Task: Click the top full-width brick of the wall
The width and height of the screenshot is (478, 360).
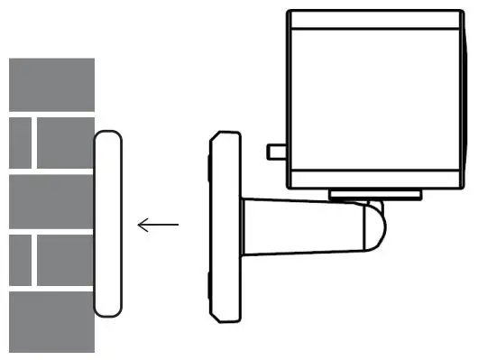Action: pyautogui.click(x=51, y=85)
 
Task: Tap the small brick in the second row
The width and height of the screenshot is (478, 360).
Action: pyautogui.click(x=19, y=143)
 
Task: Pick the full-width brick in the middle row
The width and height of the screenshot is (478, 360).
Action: pyautogui.click(x=51, y=202)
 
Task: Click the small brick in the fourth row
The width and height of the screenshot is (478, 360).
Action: pyautogui.click(x=19, y=261)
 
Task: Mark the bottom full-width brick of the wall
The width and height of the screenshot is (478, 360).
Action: pyautogui.click(x=51, y=321)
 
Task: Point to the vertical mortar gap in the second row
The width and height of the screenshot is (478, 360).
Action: pyautogui.click(x=34, y=143)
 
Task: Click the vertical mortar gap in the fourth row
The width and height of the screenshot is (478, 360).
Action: pyautogui.click(x=34, y=261)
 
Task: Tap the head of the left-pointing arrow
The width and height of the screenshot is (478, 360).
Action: pyautogui.click(x=141, y=224)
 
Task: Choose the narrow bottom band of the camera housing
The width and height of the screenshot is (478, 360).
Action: pyautogui.click(x=379, y=180)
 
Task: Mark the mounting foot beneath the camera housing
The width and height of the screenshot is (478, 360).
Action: pyautogui.click(x=374, y=194)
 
